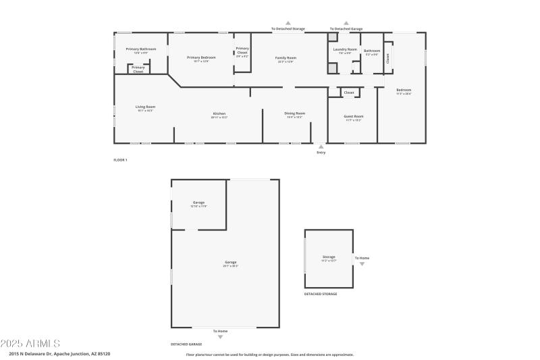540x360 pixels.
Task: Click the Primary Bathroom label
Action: [140, 49]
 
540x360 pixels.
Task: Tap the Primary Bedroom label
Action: [200, 57]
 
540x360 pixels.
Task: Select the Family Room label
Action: [286, 58]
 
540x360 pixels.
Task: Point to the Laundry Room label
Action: [344, 50]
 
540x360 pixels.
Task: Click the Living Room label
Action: [145, 107]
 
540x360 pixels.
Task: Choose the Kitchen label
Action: [219, 113]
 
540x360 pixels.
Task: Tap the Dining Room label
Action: [294, 113]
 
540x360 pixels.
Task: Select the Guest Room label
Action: [354, 116]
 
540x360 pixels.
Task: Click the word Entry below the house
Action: [321, 153]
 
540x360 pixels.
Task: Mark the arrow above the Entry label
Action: [321, 146]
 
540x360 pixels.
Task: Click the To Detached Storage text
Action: [288, 29]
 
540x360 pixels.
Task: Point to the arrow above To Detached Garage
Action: [346, 22]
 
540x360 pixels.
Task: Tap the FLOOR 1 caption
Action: [120, 160]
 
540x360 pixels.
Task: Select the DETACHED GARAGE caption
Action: [186, 344]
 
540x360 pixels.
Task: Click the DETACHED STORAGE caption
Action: [321, 294]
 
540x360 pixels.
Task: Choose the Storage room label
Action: [329, 257]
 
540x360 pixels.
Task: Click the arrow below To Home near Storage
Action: [362, 264]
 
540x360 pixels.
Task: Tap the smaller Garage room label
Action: [198, 203]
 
